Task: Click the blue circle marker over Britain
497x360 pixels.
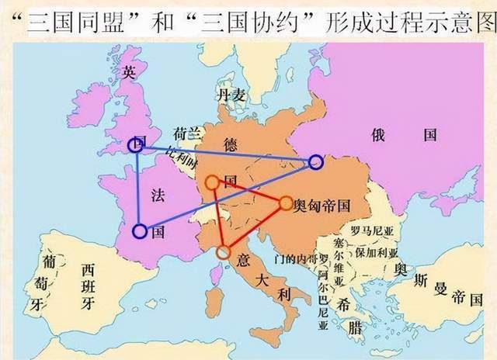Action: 136,144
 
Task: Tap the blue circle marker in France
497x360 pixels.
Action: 140,230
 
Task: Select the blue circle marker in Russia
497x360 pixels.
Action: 315,162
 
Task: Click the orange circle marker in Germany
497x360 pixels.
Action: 212,182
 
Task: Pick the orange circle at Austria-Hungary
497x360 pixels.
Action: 285,203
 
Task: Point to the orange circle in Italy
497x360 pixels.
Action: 224,251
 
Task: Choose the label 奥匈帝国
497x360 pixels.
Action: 321,206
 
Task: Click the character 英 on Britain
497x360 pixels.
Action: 129,72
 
